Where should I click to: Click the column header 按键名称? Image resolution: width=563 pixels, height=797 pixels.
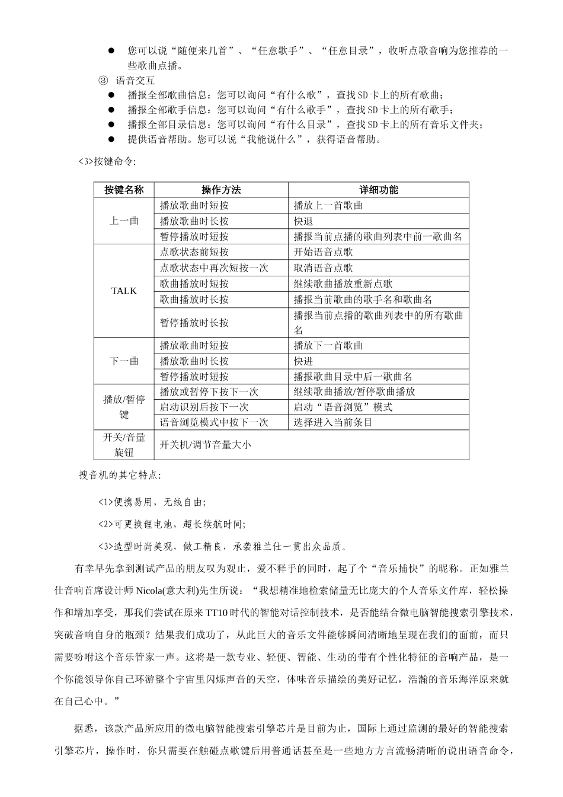coord(124,190)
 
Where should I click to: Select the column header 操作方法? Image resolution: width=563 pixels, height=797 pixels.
coord(221,190)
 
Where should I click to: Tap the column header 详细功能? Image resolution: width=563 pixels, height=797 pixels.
coord(379,190)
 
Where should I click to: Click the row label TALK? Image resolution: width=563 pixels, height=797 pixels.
coord(124,291)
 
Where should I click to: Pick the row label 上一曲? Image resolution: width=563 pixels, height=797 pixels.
coord(124,221)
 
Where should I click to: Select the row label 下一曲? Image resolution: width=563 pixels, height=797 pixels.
coord(124,361)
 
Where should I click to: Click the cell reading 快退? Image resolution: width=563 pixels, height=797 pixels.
coord(303,221)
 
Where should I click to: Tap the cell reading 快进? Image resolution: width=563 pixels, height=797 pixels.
coord(303,361)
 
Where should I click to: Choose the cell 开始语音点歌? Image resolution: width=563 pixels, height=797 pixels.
coord(323,252)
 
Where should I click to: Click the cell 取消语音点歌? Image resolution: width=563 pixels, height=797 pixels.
coord(323,268)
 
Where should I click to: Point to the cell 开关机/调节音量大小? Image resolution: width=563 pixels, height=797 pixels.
coord(205,444)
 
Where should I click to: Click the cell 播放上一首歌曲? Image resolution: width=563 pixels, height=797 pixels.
coord(328,206)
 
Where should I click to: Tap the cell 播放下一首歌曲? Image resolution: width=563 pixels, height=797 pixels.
coord(328,346)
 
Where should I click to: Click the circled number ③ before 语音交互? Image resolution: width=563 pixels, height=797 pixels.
coord(103,81)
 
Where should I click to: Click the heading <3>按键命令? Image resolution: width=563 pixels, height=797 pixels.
coord(107,161)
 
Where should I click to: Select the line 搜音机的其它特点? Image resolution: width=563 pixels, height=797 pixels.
coord(120,475)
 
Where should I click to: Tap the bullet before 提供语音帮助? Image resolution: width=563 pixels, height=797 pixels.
coord(111,139)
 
